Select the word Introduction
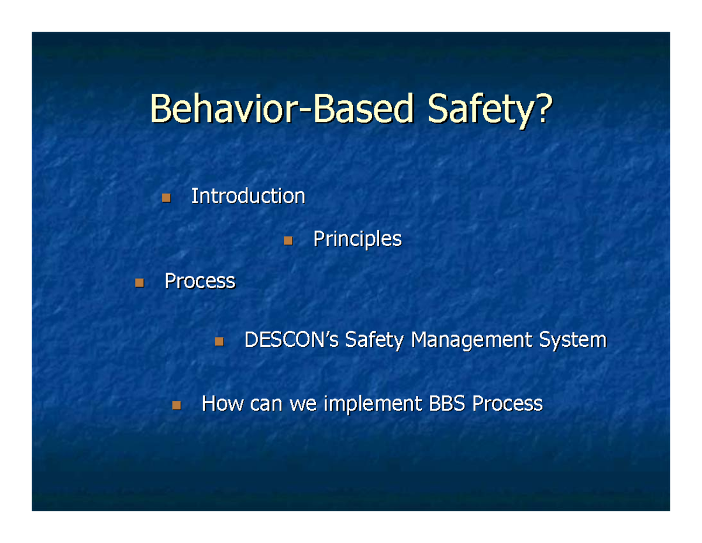click(248, 196)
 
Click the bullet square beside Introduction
click(166, 198)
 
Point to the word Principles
click(357, 239)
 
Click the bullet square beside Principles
click(287, 240)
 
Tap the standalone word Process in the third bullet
click(200, 281)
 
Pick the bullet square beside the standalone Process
click(139, 283)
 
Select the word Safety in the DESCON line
click(375, 340)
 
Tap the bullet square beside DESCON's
click(219, 341)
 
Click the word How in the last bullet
click(222, 404)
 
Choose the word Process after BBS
click(508, 404)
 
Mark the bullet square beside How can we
click(176, 405)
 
